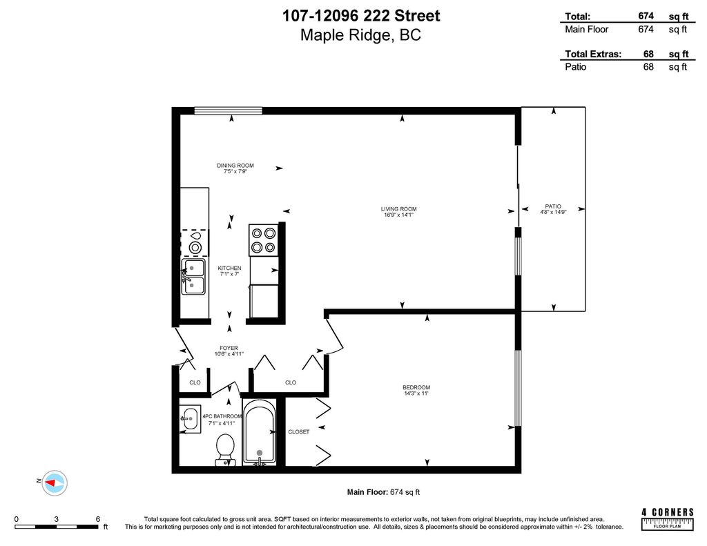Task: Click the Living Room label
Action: point(398,209)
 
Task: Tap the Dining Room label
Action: point(235,166)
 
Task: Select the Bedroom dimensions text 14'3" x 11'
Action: point(416,394)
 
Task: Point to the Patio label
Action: point(552,206)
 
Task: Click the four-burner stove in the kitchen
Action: point(264,240)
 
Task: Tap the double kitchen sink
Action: point(193,277)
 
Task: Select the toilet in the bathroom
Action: point(225,449)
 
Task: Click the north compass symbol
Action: point(53,481)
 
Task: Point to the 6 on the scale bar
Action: point(98,519)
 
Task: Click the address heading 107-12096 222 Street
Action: point(360,16)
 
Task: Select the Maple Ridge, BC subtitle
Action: point(360,36)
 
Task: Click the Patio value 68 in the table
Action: point(648,67)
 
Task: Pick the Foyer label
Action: point(229,348)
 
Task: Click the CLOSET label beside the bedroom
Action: point(298,431)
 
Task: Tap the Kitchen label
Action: point(229,268)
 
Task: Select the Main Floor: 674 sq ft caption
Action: point(382,492)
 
